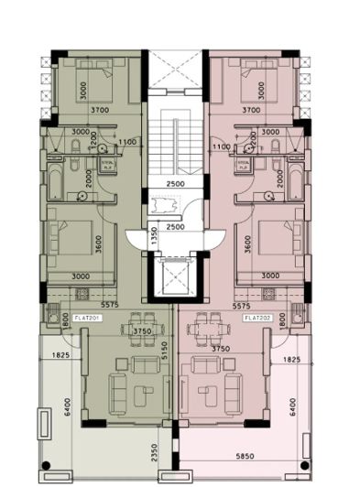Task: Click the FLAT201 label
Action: point(88,317)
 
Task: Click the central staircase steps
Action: point(176,147)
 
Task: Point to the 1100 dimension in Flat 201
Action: point(126,143)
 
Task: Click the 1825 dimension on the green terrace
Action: point(60,354)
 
